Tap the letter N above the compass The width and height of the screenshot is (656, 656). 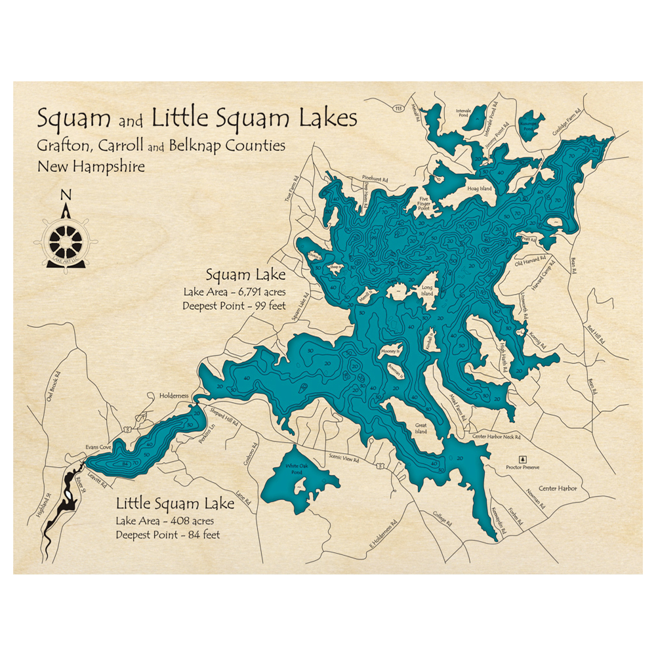coord(65,195)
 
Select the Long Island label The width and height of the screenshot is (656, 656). coord(428,290)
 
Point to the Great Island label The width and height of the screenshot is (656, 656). coord(420,429)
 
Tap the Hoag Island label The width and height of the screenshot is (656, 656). coord(479,189)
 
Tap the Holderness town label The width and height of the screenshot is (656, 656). coord(174,396)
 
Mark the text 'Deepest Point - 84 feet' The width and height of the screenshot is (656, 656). coord(168,535)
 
